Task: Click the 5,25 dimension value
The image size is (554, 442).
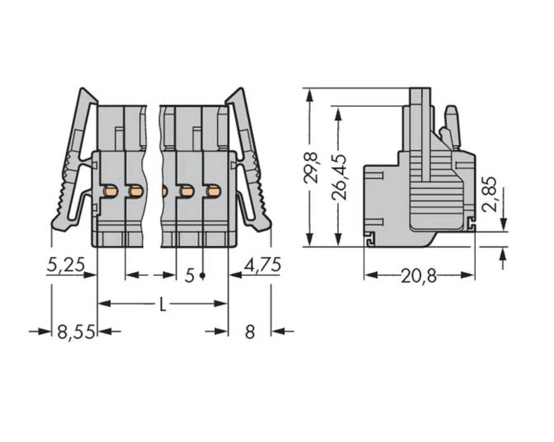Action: tap(65, 265)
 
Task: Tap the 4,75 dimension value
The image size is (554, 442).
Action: tap(263, 265)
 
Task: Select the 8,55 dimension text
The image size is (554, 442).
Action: tap(76, 332)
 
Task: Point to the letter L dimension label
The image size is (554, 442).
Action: tap(162, 304)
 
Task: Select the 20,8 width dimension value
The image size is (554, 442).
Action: tap(419, 275)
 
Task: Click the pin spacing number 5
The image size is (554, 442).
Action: tap(190, 275)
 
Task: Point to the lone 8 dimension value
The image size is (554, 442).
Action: tap(250, 332)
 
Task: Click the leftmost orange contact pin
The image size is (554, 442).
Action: tap(111, 191)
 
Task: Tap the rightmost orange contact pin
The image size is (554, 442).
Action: tap(213, 191)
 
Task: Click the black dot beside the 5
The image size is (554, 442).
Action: tap(203, 275)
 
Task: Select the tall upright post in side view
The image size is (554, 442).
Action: tap(420, 133)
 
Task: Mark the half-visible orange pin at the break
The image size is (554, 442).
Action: tap(165, 191)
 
